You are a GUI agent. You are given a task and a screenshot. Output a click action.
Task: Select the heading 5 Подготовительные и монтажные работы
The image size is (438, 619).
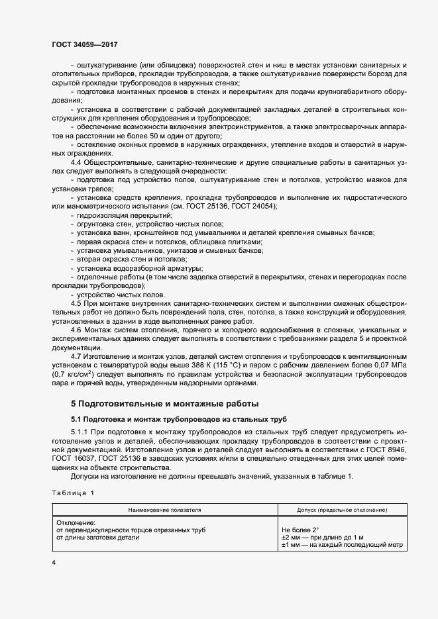pyautogui.click(x=164, y=403)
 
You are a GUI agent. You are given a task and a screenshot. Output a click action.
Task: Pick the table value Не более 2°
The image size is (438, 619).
pyautogui.click(x=300, y=530)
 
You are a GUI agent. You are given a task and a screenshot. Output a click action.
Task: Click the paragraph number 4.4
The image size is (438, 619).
pyautogui.click(x=77, y=162)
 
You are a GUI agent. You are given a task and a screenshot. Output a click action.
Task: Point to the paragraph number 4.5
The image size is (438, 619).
pyautogui.click(x=77, y=301)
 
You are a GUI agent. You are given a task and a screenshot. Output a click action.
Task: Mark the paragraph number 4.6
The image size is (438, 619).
pyautogui.click(x=77, y=329)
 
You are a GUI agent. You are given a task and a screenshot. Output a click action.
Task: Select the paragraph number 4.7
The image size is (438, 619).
pyautogui.click(x=77, y=356)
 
